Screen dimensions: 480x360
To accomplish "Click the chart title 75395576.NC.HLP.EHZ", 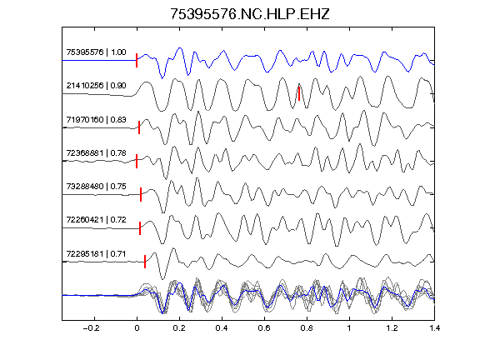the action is [250, 14].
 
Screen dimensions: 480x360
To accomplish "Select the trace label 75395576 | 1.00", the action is [96, 52].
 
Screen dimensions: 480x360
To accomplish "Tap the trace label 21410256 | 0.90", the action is [96, 85].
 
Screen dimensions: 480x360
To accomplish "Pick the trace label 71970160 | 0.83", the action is [96, 119].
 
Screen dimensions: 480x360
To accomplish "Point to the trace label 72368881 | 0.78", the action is [96, 152].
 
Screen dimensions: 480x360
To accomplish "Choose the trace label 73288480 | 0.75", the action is [96, 186].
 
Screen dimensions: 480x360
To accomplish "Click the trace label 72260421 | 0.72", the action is [96, 220].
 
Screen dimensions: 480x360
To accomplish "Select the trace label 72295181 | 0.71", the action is [96, 254].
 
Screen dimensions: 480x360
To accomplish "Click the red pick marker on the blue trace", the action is [137, 60].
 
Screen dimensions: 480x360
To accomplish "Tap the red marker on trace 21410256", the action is [299, 93].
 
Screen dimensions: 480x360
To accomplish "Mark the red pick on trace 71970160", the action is [139, 127].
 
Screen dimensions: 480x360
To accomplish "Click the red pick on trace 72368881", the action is [137, 161].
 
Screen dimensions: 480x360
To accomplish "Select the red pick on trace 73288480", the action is [141, 194].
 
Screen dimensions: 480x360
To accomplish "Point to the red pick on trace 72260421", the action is [140, 228].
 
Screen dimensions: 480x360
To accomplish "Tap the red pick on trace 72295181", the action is [145, 262].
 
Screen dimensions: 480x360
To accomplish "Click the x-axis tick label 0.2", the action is [179, 328].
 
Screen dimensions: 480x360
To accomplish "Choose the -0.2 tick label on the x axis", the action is [92, 328].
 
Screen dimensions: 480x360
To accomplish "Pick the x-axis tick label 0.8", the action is [307, 328].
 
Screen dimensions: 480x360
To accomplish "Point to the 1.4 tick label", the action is [434, 328].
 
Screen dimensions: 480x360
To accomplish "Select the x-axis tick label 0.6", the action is [264, 328].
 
